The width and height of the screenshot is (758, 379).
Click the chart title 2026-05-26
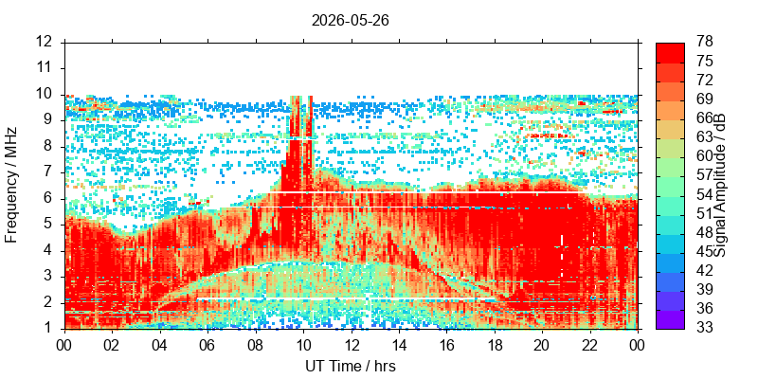pos(350,21)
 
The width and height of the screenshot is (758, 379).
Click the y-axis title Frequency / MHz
pos(10,185)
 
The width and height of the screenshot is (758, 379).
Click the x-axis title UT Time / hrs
pos(351,367)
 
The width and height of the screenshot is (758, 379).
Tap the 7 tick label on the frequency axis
pos(48,172)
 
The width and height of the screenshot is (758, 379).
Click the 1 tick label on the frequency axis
pos(48,329)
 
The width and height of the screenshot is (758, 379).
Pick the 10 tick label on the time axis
pos(303,345)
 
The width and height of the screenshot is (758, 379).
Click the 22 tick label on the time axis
pos(590,345)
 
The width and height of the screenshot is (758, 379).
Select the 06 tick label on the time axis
pos(208,345)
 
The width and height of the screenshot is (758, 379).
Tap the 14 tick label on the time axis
pos(399,345)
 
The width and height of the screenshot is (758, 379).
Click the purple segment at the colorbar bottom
pos(670,319)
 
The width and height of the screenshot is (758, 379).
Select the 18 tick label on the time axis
pos(495,345)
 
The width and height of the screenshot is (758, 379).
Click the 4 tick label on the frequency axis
pos(48,251)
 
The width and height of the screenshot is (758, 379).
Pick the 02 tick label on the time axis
pos(112,345)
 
